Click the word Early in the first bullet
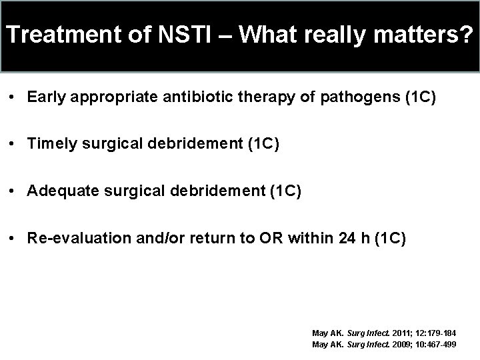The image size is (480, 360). [45, 97]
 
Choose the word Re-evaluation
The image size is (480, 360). [71, 239]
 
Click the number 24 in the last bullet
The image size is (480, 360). [345, 239]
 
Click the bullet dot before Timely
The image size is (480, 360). [13, 145]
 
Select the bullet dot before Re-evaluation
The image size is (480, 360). [13, 239]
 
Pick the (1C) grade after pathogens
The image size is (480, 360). [420, 97]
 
